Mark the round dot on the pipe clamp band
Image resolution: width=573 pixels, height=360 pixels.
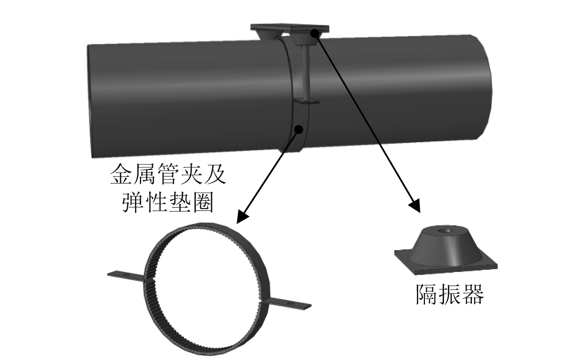coord(299,129)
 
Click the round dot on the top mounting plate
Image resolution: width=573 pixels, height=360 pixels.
coord(314,33)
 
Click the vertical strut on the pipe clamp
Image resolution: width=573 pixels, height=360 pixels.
coord(304,73)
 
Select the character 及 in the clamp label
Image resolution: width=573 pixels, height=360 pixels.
coord(214,175)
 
